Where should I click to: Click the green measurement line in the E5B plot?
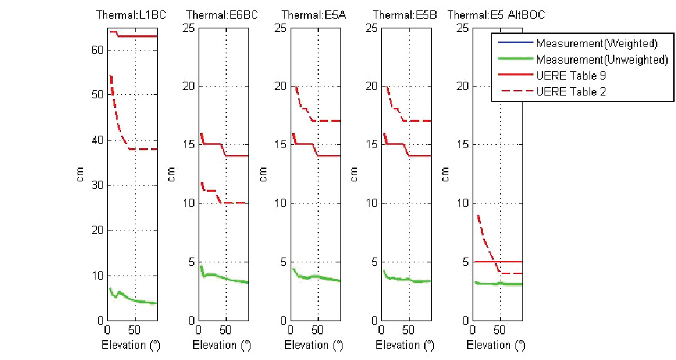pos(408,279)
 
